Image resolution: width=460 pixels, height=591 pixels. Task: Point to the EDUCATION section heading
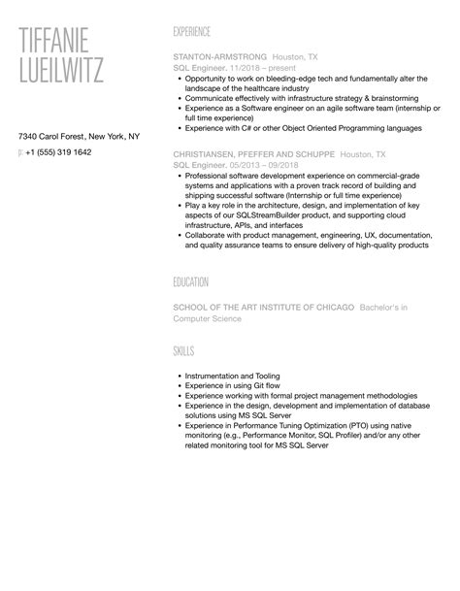coord(191,282)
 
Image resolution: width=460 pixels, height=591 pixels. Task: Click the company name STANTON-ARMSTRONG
coord(219,56)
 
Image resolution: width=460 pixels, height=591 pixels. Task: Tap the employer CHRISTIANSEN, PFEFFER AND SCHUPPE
coord(254,153)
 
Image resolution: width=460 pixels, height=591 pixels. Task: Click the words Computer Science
coord(207,317)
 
